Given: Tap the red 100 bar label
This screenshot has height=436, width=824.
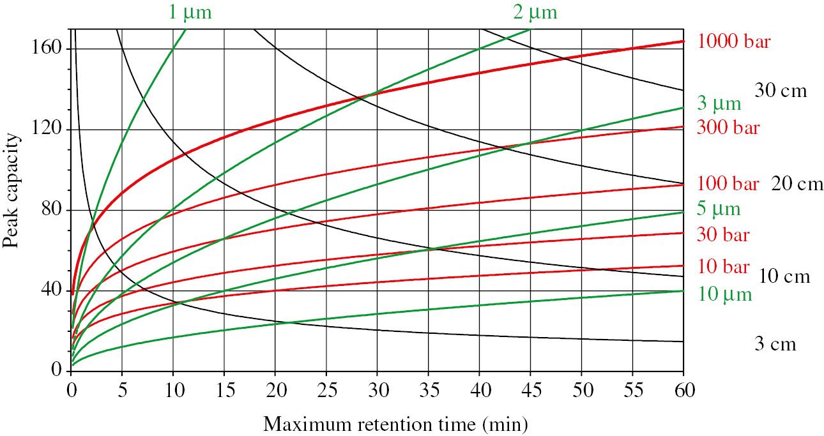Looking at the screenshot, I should point(728,184).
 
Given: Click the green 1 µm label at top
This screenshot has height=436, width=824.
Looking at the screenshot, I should point(190,11).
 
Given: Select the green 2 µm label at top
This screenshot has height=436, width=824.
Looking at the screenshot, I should point(535,11).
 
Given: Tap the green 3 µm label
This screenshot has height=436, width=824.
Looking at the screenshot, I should point(719,103).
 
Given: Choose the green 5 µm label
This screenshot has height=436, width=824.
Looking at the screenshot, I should point(719,209).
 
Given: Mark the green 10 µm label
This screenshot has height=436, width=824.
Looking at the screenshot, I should point(724,294).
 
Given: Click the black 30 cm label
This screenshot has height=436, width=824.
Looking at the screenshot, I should point(781,91).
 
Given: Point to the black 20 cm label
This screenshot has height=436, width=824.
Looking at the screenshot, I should point(797,184).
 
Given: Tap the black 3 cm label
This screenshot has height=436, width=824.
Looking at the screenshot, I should point(775,345).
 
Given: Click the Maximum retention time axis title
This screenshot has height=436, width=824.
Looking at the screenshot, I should point(395,423).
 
